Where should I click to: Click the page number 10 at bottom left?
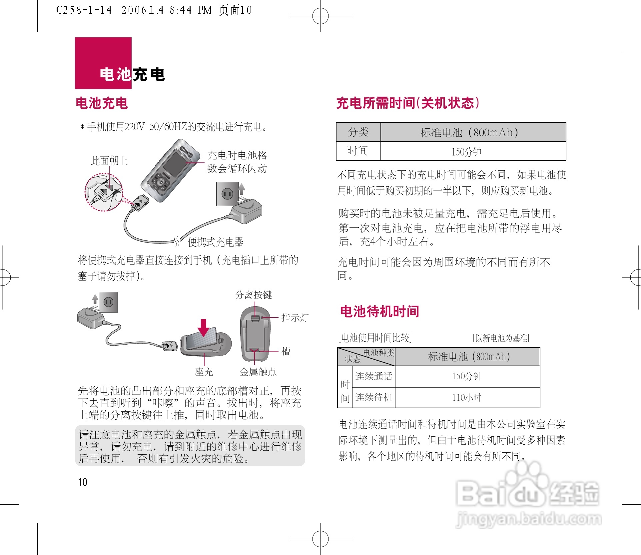(x=82, y=482)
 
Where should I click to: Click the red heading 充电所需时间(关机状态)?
(x=408, y=103)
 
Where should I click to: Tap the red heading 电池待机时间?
(x=379, y=311)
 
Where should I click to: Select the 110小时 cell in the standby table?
(x=467, y=397)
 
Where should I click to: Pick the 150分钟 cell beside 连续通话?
(x=467, y=376)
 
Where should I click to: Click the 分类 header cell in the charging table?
(x=358, y=132)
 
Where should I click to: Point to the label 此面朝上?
(x=109, y=161)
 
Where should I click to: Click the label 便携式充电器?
(x=216, y=242)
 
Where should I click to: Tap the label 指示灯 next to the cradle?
(x=295, y=318)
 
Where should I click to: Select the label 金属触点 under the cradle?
(x=258, y=372)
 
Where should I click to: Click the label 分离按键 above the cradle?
(x=254, y=295)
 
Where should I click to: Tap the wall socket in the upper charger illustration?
(x=227, y=194)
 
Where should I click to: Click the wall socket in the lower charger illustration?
(x=109, y=302)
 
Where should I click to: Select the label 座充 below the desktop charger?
(x=204, y=372)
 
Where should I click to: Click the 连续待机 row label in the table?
(x=373, y=397)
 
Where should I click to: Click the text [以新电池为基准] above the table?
(x=501, y=338)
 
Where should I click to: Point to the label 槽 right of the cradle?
(x=286, y=351)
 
